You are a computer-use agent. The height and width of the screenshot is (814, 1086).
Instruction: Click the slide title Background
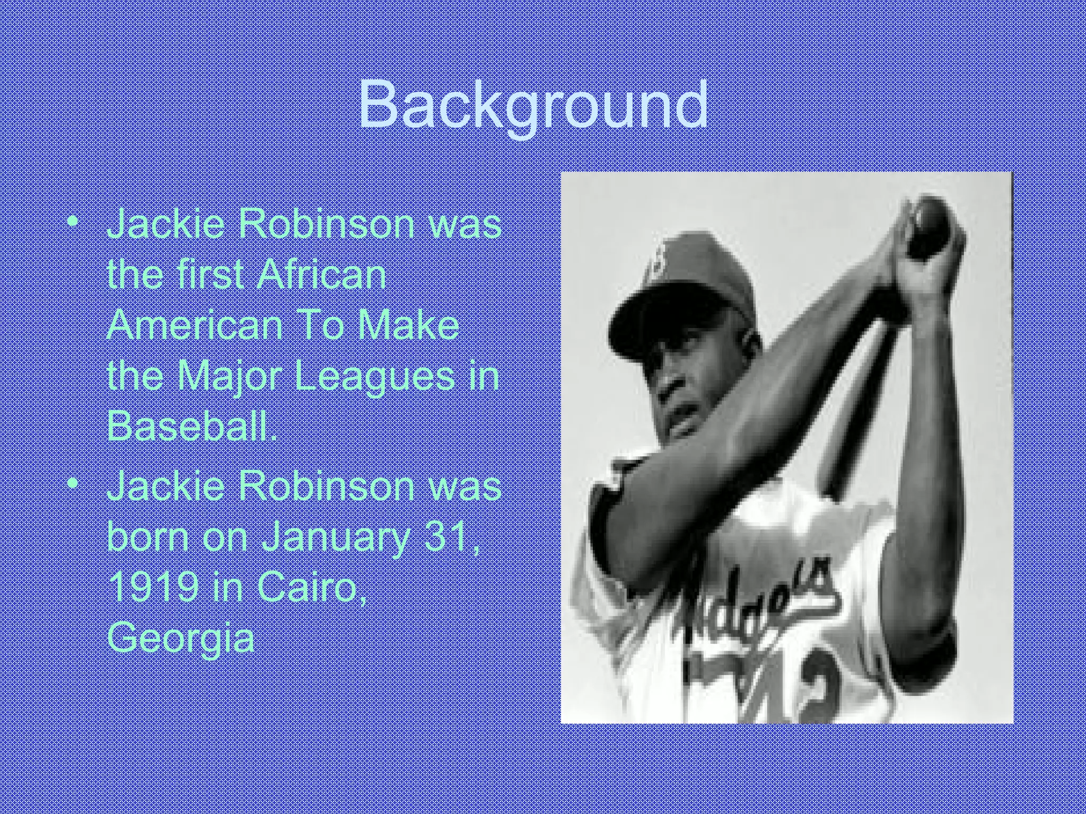click(x=533, y=106)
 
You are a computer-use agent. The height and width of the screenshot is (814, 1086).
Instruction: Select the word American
click(x=195, y=325)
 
